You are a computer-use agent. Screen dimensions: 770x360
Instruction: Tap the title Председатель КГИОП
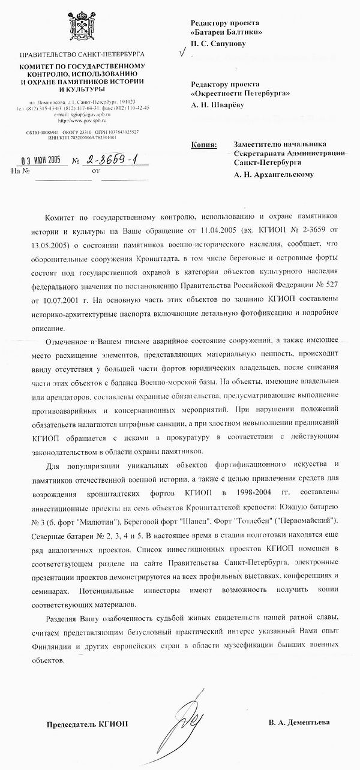[x=87, y=724]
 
